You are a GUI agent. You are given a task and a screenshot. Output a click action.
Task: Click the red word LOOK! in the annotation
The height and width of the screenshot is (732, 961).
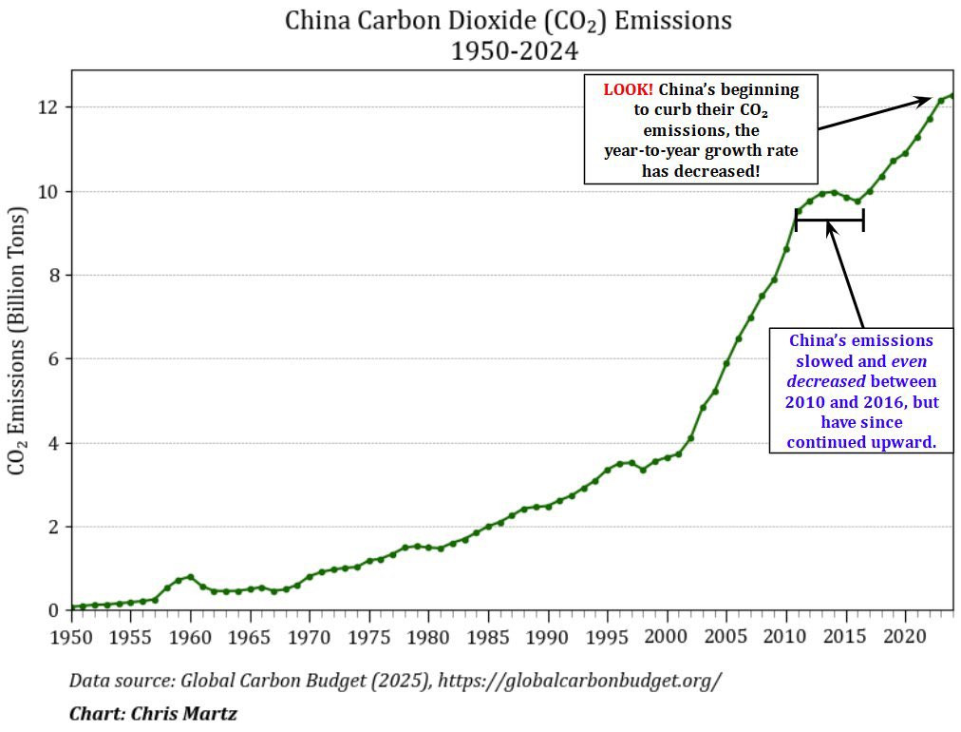[x=628, y=90]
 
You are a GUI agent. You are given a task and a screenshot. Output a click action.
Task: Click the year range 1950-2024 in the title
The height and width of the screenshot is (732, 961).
[x=514, y=50]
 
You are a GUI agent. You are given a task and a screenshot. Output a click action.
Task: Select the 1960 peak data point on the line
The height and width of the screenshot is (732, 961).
[x=191, y=577]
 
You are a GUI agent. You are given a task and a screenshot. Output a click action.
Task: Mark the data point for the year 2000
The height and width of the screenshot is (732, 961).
[x=668, y=457]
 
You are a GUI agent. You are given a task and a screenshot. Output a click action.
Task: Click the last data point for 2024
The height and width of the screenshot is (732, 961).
[x=952, y=95]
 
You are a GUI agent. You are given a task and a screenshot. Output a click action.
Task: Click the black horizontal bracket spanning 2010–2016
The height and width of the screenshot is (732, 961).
[x=829, y=221]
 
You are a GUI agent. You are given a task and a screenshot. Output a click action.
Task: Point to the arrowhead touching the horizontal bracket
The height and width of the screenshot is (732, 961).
[x=830, y=227]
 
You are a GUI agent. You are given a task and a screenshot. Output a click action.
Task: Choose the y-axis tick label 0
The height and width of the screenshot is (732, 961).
[x=53, y=610]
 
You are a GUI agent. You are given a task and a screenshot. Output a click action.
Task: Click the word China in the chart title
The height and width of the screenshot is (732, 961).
[x=321, y=21]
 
